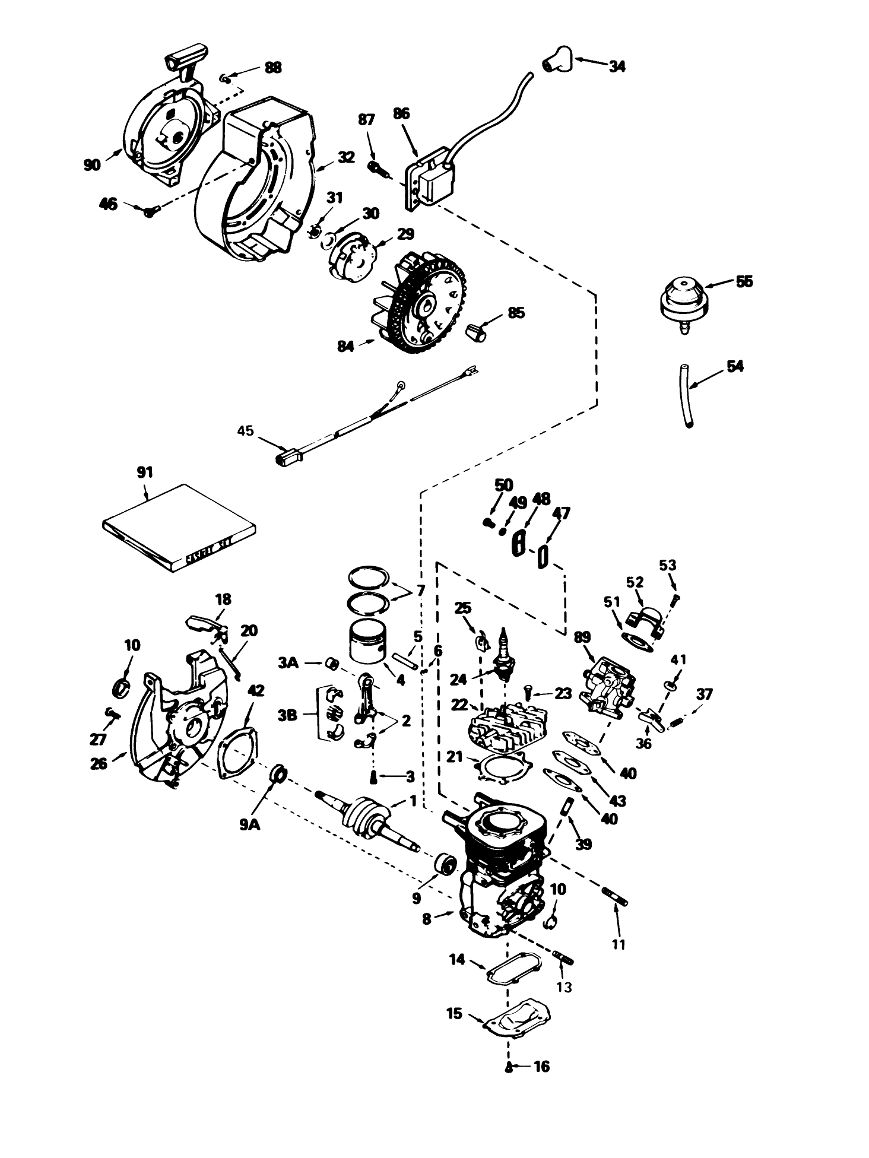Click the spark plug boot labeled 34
[557, 60]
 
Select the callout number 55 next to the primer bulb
[743, 281]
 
